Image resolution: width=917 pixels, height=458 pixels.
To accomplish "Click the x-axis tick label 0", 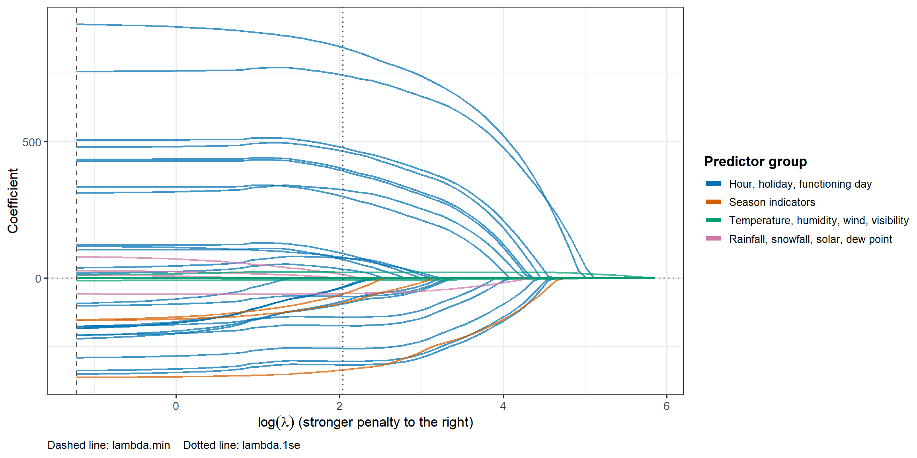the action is (176, 406).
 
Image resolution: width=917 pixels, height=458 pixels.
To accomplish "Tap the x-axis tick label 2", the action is (339, 406).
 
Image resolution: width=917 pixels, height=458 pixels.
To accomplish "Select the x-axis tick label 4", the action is (503, 406).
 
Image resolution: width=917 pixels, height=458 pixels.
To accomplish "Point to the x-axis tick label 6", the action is (667, 406).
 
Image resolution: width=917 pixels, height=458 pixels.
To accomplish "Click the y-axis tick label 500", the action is (32, 142).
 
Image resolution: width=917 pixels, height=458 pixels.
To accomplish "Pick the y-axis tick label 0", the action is (38, 279).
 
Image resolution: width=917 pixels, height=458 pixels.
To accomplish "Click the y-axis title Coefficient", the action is (13, 201).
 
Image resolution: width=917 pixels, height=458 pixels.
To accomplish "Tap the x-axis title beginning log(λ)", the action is (365, 422).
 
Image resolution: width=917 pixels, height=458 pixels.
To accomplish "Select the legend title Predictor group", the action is (755, 161).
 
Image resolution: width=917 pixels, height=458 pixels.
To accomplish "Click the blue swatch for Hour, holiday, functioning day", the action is (713, 184).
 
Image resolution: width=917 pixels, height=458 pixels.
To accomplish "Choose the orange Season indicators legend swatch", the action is (713, 202).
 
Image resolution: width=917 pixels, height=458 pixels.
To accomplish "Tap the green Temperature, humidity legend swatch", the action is (713, 220).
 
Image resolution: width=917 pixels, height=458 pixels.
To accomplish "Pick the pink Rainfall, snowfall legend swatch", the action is (713, 239).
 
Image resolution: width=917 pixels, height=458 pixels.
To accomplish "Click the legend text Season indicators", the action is (772, 202).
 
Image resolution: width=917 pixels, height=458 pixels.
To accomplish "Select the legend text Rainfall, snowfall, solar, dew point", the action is (811, 239).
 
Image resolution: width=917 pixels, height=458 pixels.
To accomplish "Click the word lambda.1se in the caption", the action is (271, 445).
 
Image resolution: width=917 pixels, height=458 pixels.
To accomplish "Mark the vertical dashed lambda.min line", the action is (76, 201).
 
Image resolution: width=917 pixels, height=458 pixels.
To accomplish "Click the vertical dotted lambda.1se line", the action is (343, 201).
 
